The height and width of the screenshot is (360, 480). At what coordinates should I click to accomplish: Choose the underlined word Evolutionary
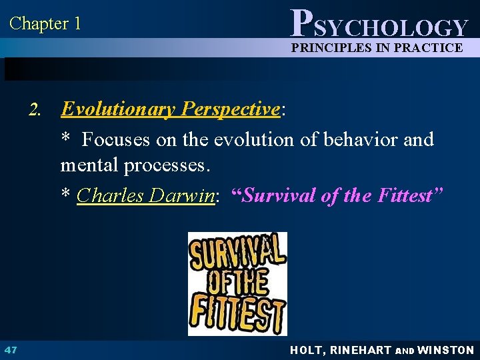point(117,109)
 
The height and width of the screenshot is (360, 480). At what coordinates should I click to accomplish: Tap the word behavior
point(370,139)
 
